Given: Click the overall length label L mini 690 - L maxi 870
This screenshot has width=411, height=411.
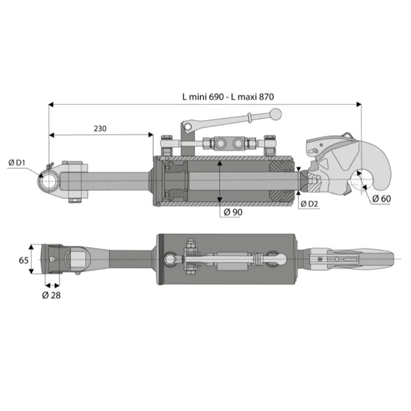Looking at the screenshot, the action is coord(228,97).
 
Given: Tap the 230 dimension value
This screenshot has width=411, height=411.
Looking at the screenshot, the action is coord(100,129).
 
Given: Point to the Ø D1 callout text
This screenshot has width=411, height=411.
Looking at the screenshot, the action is coord(17,163).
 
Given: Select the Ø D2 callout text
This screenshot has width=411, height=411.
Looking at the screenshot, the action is coord(309,203).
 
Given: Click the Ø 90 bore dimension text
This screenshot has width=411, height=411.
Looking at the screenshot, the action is coord(233,212).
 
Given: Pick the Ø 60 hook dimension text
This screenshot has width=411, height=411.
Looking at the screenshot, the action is coord(381,199).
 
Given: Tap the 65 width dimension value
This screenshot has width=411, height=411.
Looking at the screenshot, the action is coord(24,260).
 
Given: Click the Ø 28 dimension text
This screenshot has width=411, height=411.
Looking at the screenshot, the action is coord(51,295).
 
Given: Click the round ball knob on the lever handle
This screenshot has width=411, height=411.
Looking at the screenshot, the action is coord(276,114).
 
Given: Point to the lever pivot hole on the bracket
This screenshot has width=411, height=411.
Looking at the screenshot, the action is coord(188,127).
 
